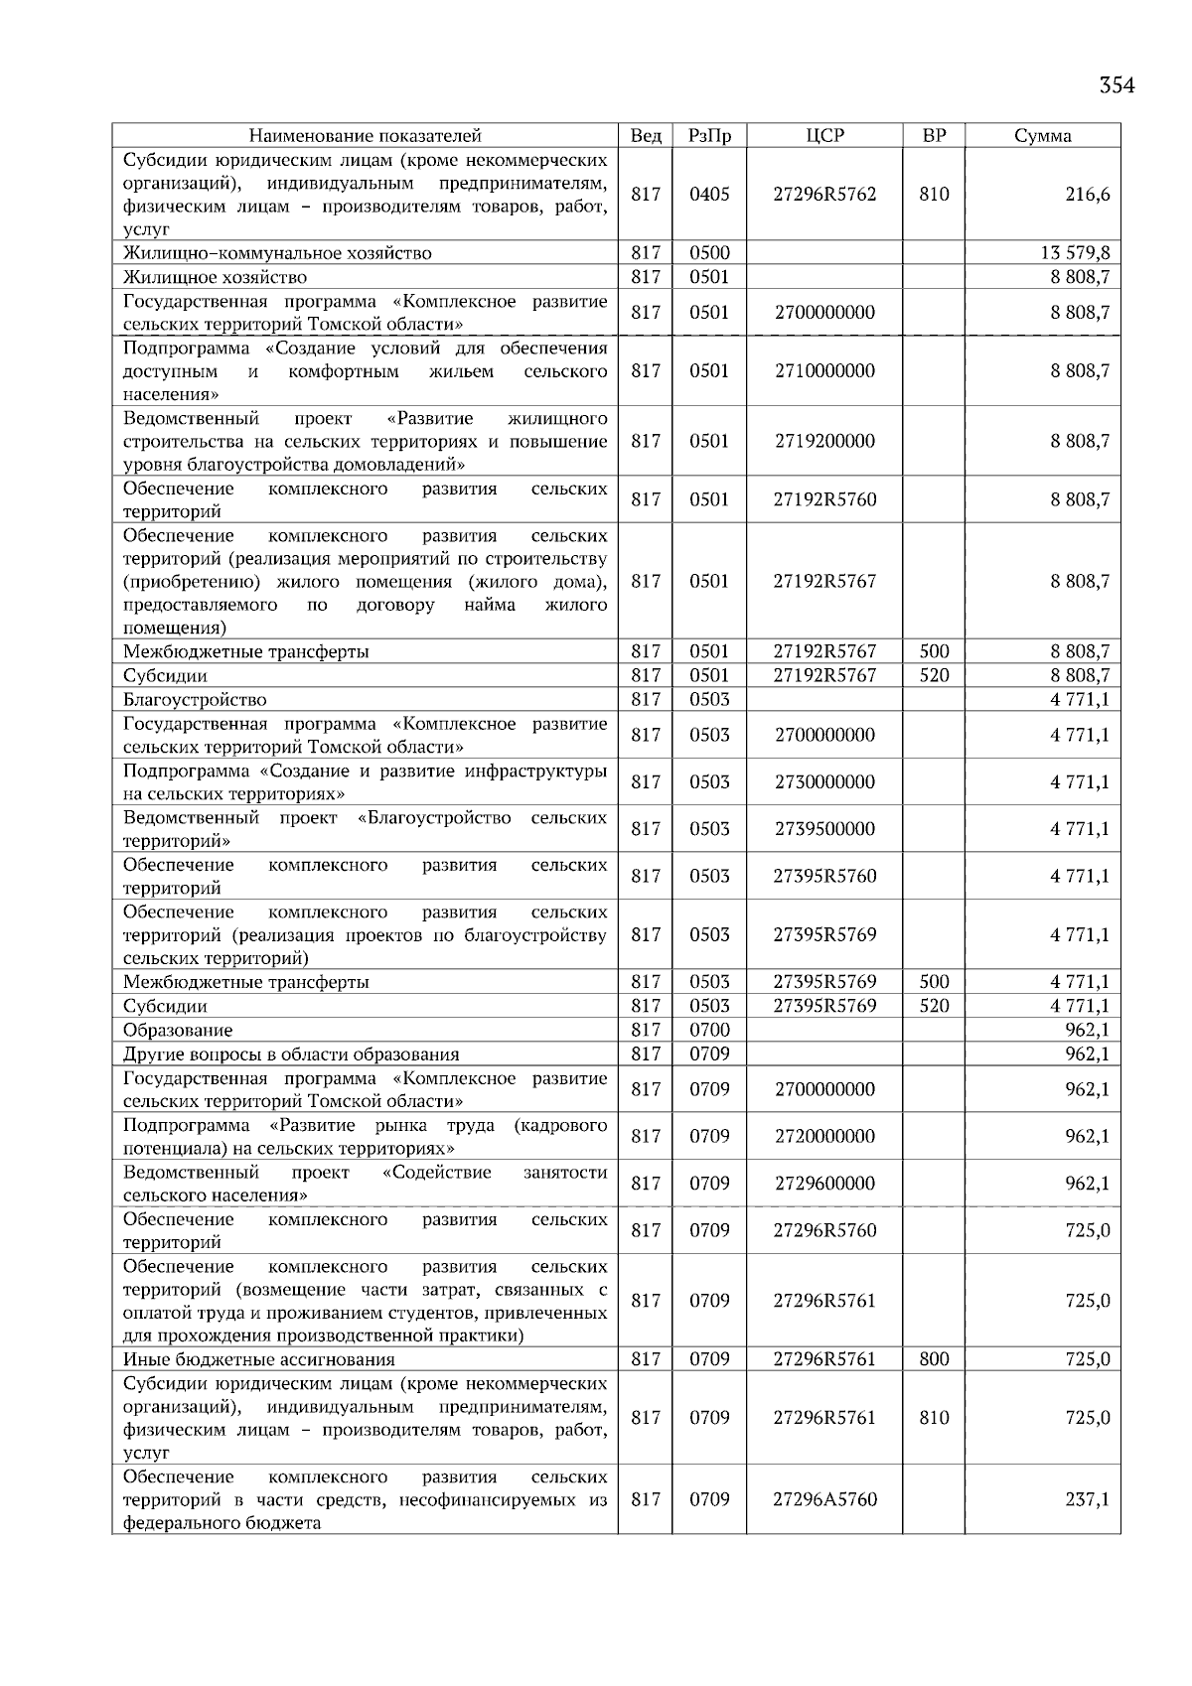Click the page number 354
tap(1117, 85)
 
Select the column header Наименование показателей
tap(365, 136)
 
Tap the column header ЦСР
tap(824, 136)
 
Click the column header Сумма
tap(1042, 136)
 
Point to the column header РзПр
tap(709, 136)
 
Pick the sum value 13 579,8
tap(1075, 253)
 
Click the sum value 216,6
tap(1088, 195)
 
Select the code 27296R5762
tap(824, 195)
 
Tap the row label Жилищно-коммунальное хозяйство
tap(277, 253)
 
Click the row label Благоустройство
tap(195, 700)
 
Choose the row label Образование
tap(178, 1031)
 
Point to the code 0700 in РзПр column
tap(709, 1031)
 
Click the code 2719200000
tap(824, 441)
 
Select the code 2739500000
tap(824, 829)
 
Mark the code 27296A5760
tap(824, 1499)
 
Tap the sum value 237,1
tap(1088, 1499)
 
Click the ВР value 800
tap(934, 1359)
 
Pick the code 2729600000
tap(824, 1184)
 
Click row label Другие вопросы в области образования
tap(291, 1054)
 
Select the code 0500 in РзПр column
tap(709, 253)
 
